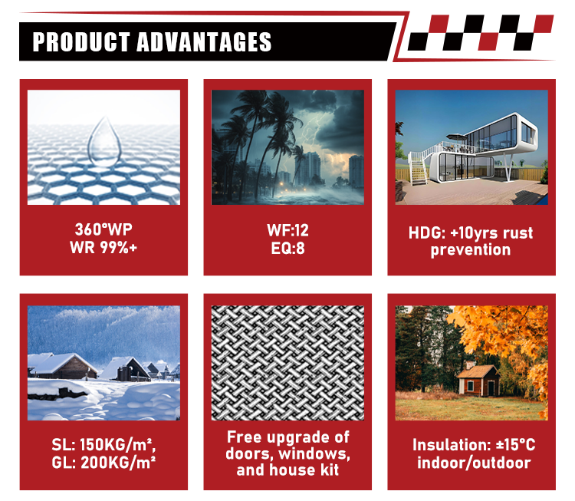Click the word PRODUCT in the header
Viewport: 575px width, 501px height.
coord(81,42)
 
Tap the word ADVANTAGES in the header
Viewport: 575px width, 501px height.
coord(204,42)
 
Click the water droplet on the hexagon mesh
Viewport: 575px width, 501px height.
coord(104,142)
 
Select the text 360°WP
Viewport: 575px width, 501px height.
coord(103,229)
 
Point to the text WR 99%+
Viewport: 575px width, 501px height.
coord(103,248)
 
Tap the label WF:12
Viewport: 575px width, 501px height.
coord(287,230)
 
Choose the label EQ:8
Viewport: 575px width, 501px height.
coord(287,249)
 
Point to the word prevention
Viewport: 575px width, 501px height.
coord(471,250)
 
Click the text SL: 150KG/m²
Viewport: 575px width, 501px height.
coord(103,445)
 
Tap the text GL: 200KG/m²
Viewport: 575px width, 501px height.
coord(103,463)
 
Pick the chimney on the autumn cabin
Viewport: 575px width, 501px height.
coord(468,365)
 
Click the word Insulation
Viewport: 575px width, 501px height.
coord(452,445)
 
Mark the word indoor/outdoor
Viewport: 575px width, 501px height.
coord(474,463)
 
